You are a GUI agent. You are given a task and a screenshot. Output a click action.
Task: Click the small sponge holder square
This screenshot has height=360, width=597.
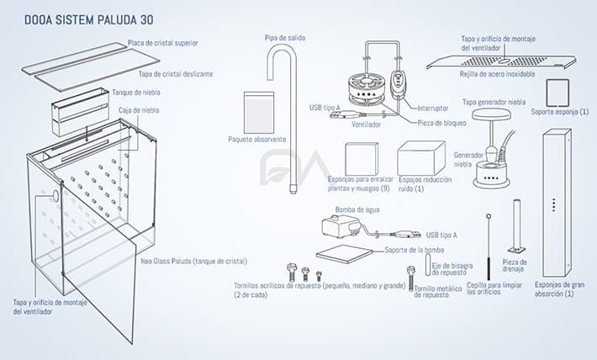[561, 91]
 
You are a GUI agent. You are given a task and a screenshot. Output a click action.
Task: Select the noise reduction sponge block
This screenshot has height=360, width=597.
[421, 157]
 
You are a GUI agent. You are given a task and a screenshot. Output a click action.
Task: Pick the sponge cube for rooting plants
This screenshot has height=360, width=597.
[362, 157]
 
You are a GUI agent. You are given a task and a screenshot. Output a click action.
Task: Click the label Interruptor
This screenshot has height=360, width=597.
[432, 108]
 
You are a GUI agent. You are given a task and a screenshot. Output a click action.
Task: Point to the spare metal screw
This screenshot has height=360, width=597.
[410, 275]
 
